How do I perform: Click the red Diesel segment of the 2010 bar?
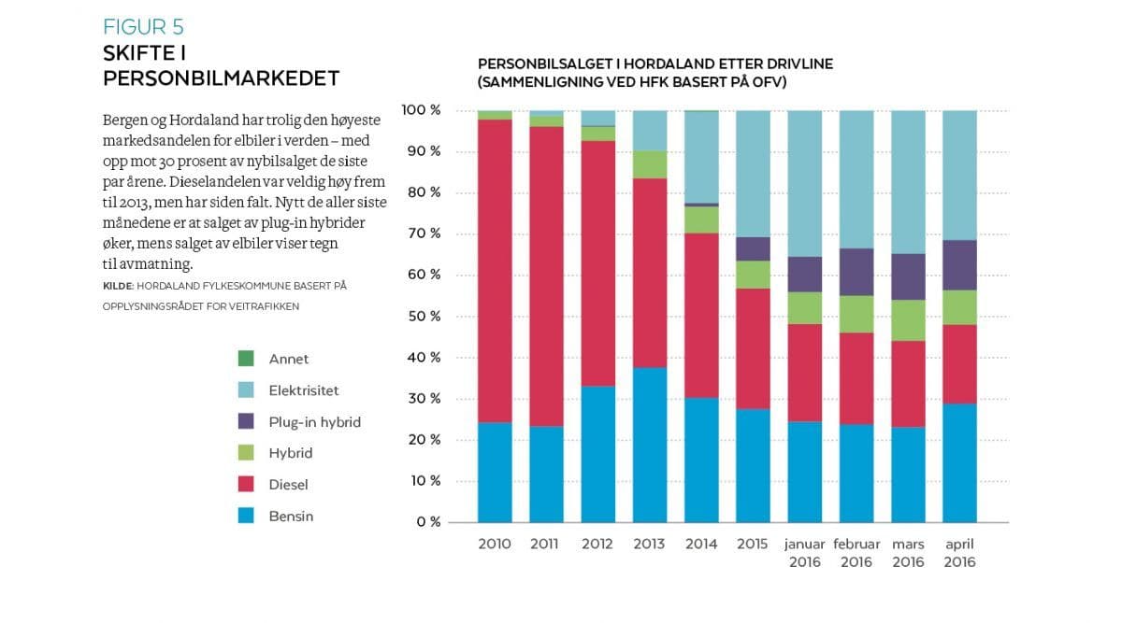pos(495,271)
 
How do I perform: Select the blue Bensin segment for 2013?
pos(650,445)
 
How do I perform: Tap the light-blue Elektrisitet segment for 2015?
pos(754,174)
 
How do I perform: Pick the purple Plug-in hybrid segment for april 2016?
pos(959,265)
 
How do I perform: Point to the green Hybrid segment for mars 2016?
pos(908,320)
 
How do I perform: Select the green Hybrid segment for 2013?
pos(650,164)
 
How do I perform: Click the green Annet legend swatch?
pos(246,358)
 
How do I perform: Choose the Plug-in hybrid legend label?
pos(314,421)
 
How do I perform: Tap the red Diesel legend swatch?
pos(246,484)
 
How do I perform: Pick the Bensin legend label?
pos(291,516)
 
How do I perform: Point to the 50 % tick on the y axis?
pos(422,316)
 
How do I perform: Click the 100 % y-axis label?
pos(420,110)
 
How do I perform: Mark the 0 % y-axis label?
pos(427,521)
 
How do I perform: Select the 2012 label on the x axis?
pos(598,544)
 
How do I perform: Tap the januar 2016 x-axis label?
pos(805,552)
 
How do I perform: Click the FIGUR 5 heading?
pos(143,26)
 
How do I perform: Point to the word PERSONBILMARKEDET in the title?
pos(221,78)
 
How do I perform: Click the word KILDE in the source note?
pos(119,285)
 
